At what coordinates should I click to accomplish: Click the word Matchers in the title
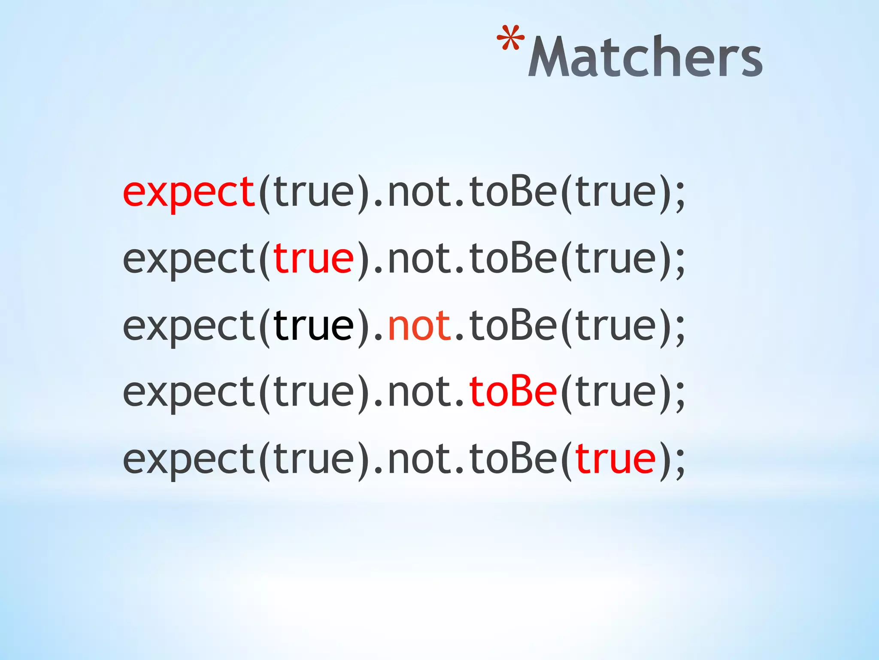645,57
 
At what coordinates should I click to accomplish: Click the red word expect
189,192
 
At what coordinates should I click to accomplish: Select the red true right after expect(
313,259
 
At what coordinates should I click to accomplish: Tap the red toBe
513,392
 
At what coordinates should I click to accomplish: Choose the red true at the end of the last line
615,459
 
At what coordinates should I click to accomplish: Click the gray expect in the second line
189,259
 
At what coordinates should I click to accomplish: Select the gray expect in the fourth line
189,392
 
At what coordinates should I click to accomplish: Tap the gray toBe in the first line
513,192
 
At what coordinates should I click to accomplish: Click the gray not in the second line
419,259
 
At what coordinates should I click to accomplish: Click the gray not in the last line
419,459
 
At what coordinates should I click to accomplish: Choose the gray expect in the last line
189,459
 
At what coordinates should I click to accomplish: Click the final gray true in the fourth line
615,392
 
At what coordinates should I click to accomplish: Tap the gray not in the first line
419,192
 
